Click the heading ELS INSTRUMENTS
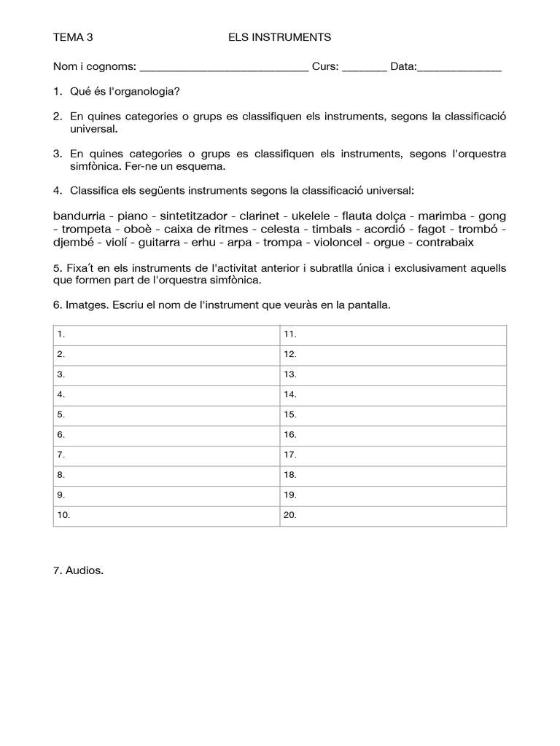coord(279,36)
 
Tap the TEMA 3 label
coord(74,36)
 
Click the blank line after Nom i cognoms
coord(223,68)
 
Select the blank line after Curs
coord(364,68)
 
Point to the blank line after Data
coord(459,68)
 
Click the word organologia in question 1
coord(145,92)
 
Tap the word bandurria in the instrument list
coord(79,216)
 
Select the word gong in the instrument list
coord(492,216)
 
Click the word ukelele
coord(311,216)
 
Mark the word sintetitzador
coord(195,216)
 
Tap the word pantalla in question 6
coord(370,305)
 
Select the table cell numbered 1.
coord(167,334)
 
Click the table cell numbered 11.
coord(393,334)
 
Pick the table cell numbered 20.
coord(393,515)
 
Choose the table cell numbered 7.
coord(167,455)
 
